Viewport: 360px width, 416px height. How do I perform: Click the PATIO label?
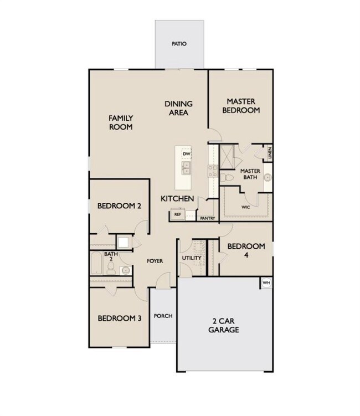pos(179,44)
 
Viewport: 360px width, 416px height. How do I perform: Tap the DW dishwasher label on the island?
pos(187,153)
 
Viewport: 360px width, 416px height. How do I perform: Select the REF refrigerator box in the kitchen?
pos(177,214)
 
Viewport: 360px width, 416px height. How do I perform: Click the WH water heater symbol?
pos(266,283)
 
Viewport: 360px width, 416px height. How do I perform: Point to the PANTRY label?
pos(208,218)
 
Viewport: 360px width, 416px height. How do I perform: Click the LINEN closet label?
pos(270,153)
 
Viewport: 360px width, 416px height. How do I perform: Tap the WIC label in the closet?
pos(246,207)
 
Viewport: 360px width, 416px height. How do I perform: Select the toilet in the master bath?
pos(227,177)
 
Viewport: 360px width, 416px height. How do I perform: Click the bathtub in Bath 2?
pos(96,263)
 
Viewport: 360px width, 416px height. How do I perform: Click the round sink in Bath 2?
pos(126,271)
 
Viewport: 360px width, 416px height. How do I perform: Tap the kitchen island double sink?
pos(186,168)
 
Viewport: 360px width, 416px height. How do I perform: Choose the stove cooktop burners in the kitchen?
pos(213,171)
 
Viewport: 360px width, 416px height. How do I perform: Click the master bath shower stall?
pos(227,157)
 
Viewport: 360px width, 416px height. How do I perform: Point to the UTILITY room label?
pos(192,258)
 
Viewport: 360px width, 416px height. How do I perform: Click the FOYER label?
pos(155,261)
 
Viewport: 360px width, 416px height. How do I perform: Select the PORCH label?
pos(163,316)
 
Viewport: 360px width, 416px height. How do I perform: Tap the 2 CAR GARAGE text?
pos(224,325)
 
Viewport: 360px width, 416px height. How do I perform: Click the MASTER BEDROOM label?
pos(241,106)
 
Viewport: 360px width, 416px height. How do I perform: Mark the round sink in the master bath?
pos(268,177)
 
